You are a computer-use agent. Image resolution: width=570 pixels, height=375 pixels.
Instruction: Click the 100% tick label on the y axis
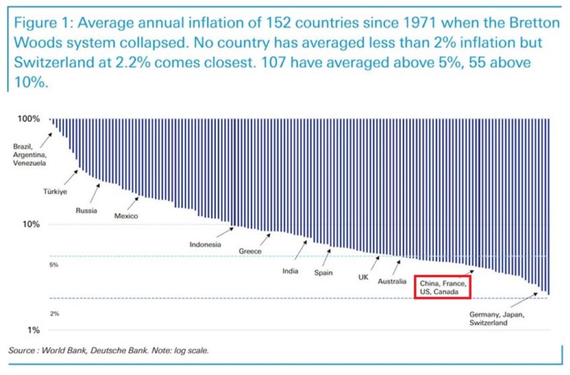[x=29, y=119]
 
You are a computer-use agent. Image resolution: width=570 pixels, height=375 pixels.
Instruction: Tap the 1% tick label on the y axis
[x=33, y=330]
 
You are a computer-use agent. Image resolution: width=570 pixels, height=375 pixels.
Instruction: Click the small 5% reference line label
[x=54, y=265]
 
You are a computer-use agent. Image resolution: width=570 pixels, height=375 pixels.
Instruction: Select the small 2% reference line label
[x=54, y=314]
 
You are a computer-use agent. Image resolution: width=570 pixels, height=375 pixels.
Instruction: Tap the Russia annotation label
[x=86, y=210]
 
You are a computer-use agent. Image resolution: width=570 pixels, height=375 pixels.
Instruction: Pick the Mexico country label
[x=126, y=216]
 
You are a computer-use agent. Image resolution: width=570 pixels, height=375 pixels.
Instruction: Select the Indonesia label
[x=205, y=245]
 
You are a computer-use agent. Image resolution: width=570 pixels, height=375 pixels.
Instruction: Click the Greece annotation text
[x=250, y=251]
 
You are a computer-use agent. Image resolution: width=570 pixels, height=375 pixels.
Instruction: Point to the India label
[x=290, y=271]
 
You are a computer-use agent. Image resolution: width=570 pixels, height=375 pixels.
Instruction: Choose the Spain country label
[x=323, y=273]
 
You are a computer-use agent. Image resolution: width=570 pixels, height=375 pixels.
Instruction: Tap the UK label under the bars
[x=363, y=278]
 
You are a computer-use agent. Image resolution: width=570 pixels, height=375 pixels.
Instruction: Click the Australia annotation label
[x=392, y=281]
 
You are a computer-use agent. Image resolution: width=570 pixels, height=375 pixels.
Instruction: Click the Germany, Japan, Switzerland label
[x=497, y=318]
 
